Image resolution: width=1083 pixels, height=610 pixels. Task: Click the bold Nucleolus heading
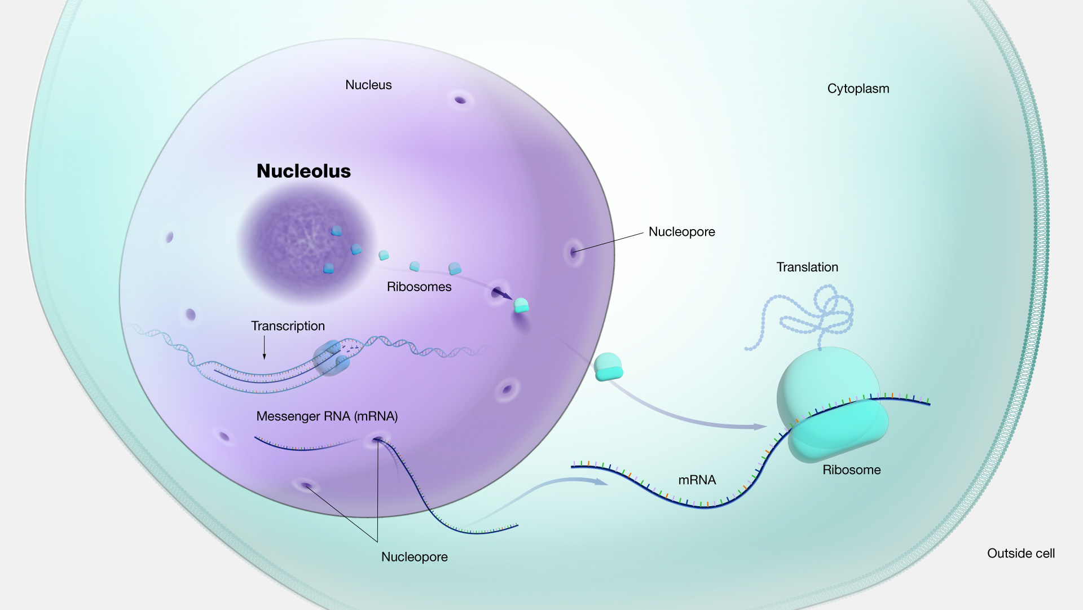[x=303, y=171]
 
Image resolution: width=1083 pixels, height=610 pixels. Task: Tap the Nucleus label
[x=368, y=85]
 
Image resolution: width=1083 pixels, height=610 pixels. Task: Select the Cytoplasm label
[x=858, y=89]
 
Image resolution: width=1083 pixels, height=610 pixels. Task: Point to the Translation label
[x=807, y=267]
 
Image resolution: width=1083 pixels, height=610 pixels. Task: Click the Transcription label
[x=288, y=326]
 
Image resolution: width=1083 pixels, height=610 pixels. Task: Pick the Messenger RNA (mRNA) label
[x=327, y=416]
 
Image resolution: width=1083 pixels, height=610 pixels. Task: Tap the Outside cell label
[x=1020, y=553]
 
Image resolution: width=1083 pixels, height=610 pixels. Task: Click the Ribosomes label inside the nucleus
[x=419, y=287]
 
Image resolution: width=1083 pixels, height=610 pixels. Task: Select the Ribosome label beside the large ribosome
[x=851, y=469]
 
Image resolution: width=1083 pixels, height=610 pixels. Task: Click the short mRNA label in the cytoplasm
[x=697, y=480]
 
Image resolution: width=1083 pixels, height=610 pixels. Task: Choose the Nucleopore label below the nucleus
[x=414, y=556]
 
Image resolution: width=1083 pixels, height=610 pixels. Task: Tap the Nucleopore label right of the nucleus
[x=681, y=231]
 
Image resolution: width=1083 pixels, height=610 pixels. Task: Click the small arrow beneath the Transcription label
[x=264, y=348]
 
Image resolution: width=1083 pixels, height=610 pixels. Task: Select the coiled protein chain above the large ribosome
[x=812, y=316]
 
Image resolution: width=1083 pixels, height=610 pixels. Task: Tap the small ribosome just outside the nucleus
[x=608, y=367]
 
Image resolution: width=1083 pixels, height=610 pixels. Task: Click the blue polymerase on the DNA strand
[x=332, y=358]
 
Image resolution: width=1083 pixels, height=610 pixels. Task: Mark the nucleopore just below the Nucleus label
[x=460, y=100]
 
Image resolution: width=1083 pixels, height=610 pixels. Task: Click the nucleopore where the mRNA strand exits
[x=377, y=440]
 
